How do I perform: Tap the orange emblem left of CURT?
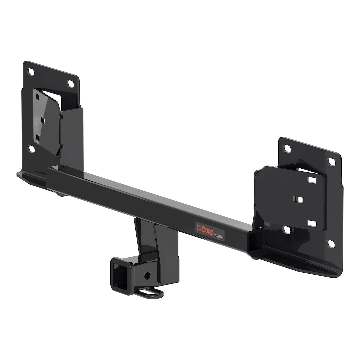click(198, 227)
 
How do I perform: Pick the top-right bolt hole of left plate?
click(70, 84)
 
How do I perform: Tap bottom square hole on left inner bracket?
click(38, 137)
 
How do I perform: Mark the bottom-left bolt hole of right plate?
click(286, 229)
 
